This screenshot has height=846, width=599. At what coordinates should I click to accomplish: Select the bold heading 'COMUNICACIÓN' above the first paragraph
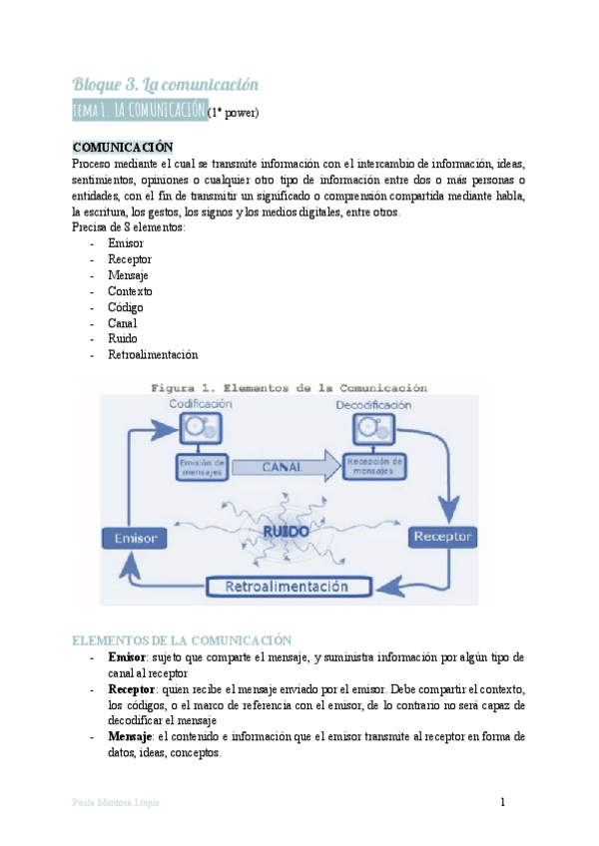point(123,147)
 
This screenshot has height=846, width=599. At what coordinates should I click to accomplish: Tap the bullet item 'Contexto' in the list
point(130,291)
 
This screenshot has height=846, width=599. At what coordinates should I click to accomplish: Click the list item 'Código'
point(125,307)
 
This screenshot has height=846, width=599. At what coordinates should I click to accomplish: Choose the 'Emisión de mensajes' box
point(201,466)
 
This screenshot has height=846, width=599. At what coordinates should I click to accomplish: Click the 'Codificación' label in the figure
point(201,404)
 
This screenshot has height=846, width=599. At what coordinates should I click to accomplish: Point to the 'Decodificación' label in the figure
point(372,404)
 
